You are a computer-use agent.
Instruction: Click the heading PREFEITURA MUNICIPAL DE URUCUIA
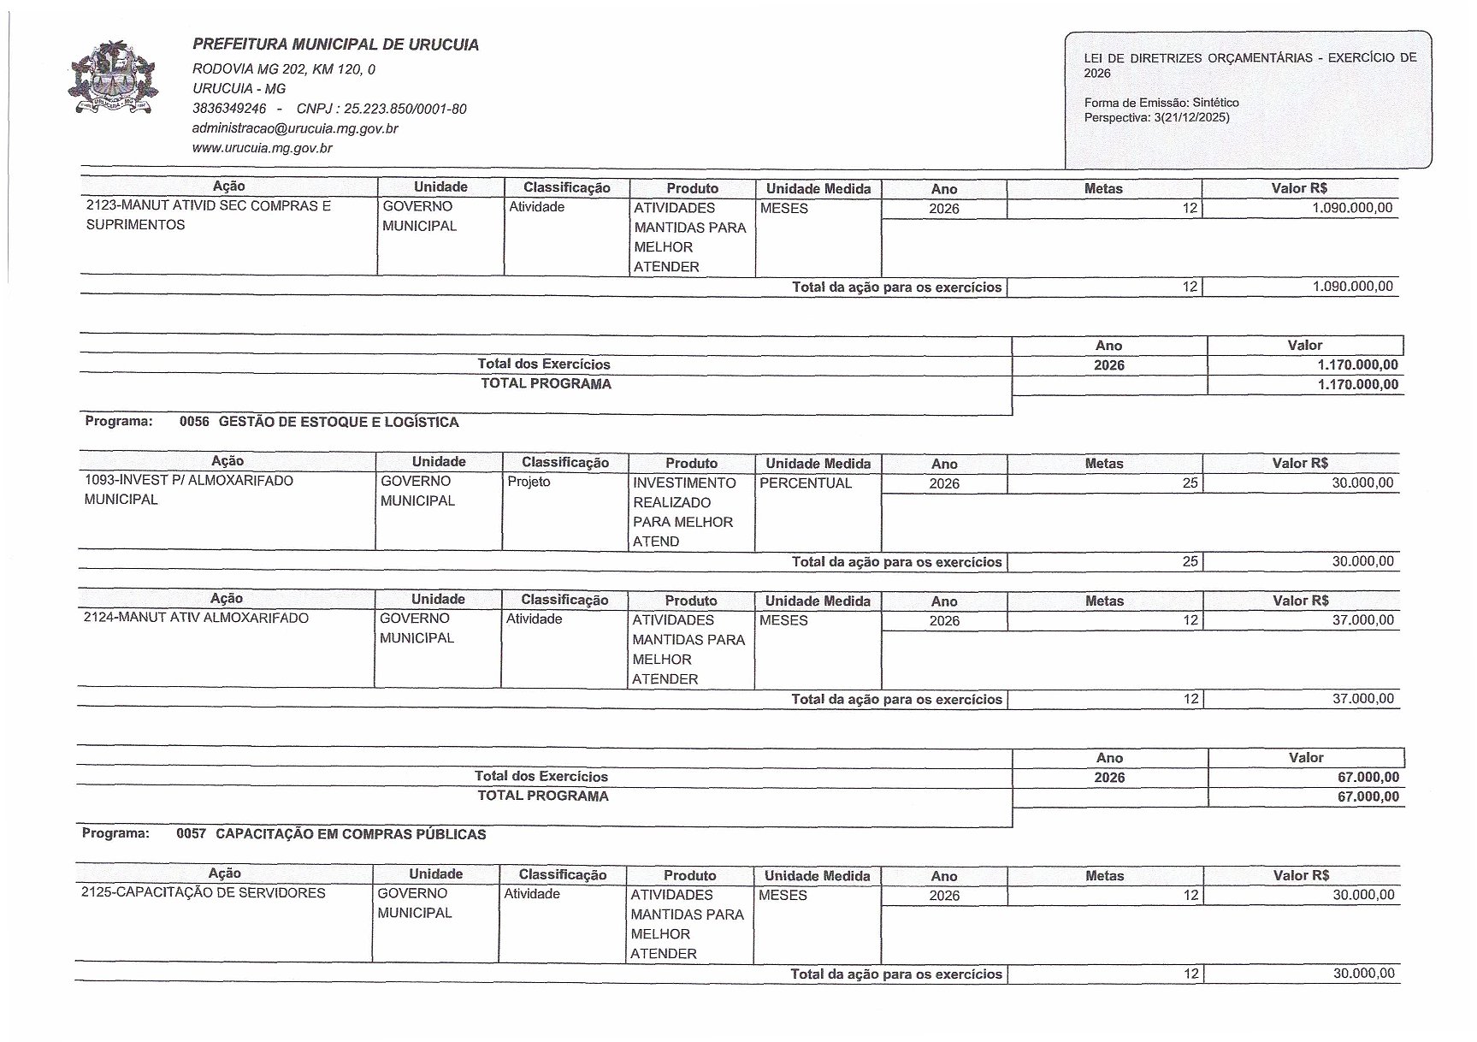pyautogui.click(x=335, y=45)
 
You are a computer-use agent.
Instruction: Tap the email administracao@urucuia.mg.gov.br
pyautogui.click(x=295, y=128)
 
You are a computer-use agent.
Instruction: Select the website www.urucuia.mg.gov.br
pyautogui.click(x=262, y=148)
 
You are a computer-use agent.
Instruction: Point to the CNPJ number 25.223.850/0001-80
pyautogui.click(x=405, y=109)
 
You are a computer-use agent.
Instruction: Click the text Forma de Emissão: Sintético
pyautogui.click(x=1161, y=103)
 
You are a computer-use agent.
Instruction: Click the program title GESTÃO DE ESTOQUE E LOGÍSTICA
pyautogui.click(x=339, y=422)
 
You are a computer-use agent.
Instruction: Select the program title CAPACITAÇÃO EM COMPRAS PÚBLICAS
pyautogui.click(x=351, y=834)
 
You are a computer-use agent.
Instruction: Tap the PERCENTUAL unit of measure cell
pyautogui.click(x=806, y=483)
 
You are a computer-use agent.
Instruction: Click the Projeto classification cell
pyautogui.click(x=529, y=482)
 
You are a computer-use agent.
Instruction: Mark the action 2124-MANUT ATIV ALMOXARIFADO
pyautogui.click(x=196, y=619)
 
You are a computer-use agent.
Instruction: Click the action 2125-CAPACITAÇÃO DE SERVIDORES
pyautogui.click(x=204, y=893)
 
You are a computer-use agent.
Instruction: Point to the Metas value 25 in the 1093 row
pyautogui.click(x=1190, y=483)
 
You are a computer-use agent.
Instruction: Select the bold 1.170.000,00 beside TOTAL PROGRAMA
pyautogui.click(x=1358, y=384)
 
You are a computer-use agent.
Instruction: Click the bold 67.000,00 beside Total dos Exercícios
pyautogui.click(x=1368, y=777)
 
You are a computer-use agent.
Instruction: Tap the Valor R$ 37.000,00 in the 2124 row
pyautogui.click(x=1362, y=620)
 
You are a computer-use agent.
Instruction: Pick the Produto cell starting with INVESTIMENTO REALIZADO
pyautogui.click(x=683, y=512)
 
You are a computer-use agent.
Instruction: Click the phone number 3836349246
pyautogui.click(x=229, y=109)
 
